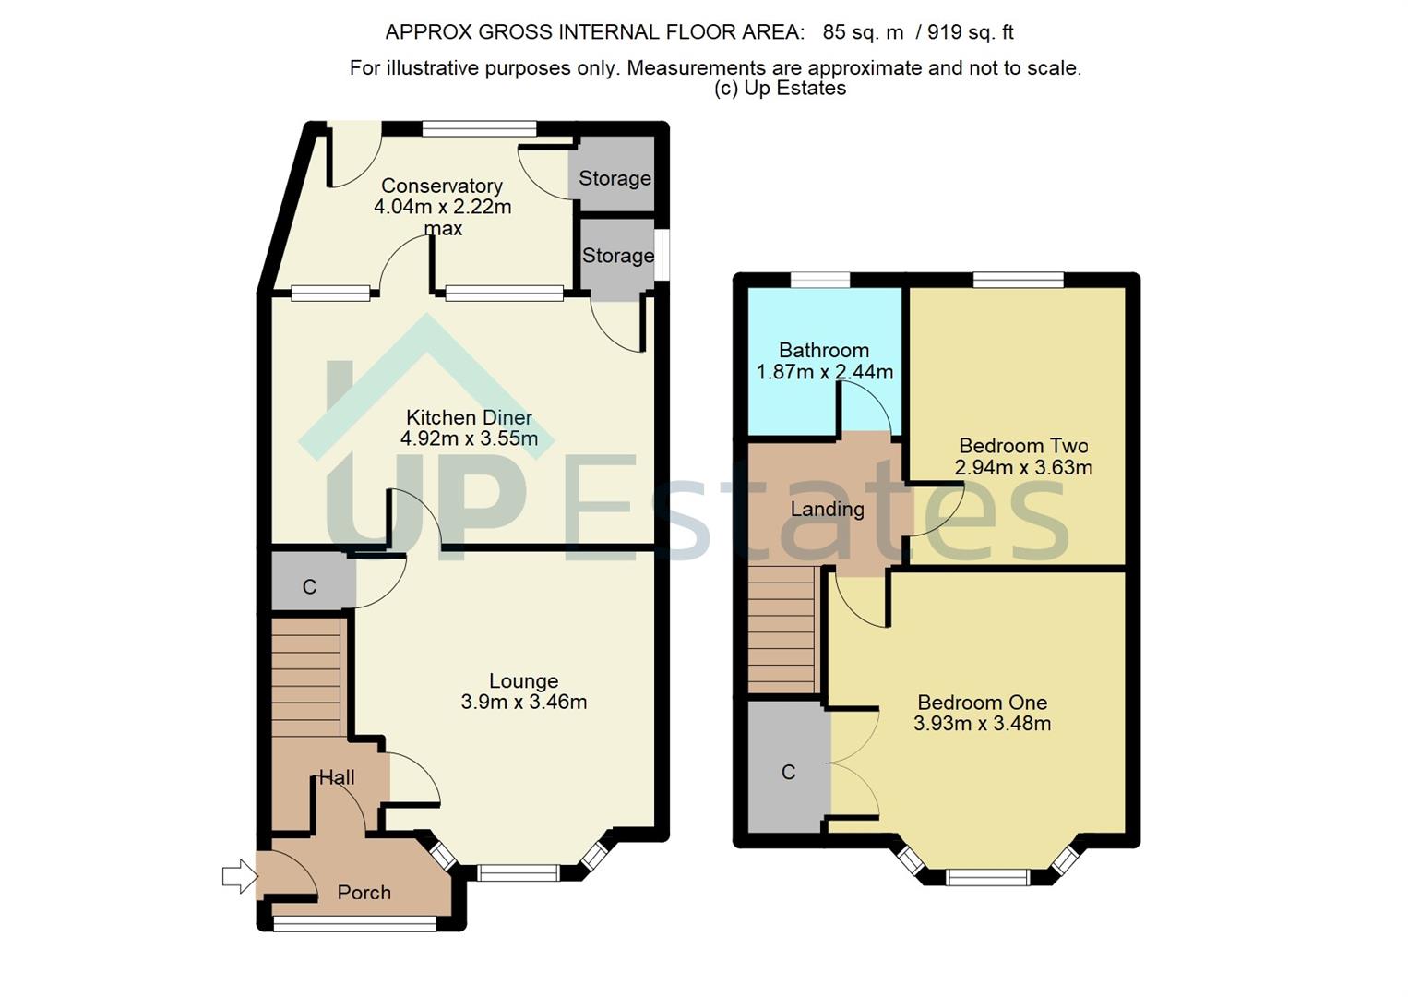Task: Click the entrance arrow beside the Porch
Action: (240, 876)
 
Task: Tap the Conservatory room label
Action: (442, 186)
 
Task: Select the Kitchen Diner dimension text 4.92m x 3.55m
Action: (469, 438)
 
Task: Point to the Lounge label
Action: (523, 680)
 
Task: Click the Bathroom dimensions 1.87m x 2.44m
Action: (824, 372)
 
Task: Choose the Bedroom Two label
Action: (1023, 446)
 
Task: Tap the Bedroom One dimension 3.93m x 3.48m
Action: (982, 724)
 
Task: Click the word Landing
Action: (827, 509)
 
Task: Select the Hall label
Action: (337, 777)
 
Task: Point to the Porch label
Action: (364, 892)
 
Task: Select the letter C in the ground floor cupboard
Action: (309, 587)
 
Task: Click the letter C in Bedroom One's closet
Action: (788, 772)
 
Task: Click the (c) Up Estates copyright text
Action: (780, 88)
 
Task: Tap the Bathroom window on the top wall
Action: (819, 280)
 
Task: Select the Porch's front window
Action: (355, 923)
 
